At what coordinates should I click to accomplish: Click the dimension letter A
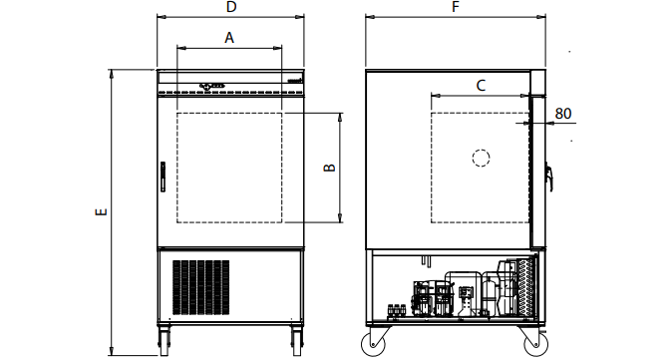coord(228,38)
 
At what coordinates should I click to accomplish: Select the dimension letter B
coord(329,168)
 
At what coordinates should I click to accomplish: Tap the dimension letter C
coord(480,86)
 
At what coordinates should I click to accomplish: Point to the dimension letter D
coord(230,8)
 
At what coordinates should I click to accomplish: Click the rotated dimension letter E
coord(100,212)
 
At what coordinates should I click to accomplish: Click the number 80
coord(563,114)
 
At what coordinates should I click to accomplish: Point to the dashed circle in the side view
coord(481,158)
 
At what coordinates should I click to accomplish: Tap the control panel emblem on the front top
coord(212,86)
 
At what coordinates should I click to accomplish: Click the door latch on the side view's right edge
coord(548,177)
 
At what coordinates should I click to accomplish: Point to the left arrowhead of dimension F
coord(368,17)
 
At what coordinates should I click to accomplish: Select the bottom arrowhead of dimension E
coord(111,352)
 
